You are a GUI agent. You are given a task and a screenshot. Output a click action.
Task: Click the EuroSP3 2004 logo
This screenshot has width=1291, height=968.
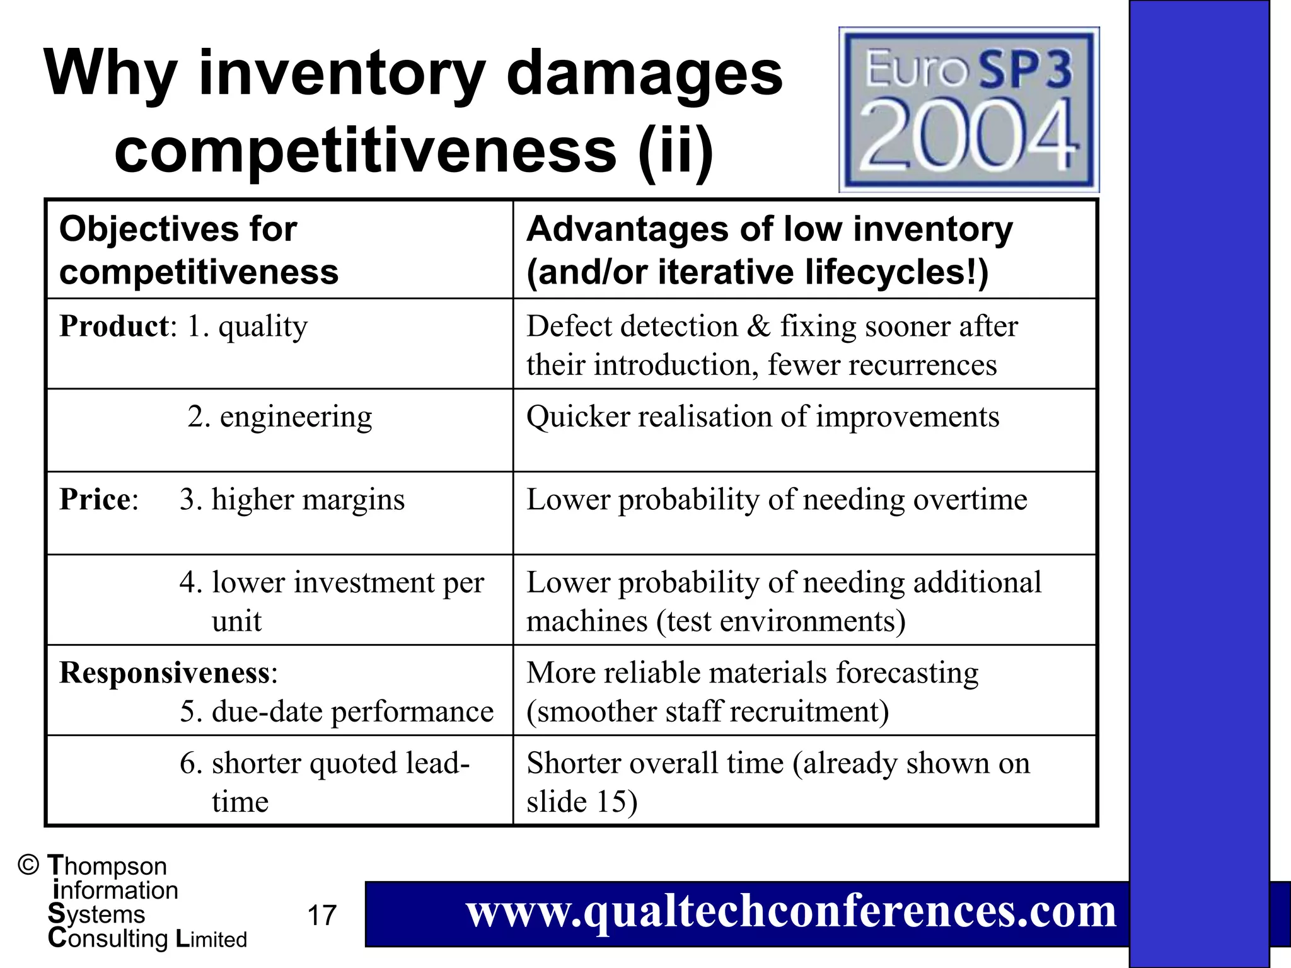click(x=969, y=110)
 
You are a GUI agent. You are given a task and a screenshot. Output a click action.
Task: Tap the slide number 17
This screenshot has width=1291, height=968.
click(x=321, y=915)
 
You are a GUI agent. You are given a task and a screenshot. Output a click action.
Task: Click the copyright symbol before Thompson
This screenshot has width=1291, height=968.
click(x=28, y=865)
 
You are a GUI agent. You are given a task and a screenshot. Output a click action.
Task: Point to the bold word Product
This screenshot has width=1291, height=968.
click(x=114, y=326)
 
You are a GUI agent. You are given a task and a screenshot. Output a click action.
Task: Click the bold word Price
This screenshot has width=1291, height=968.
click(x=95, y=500)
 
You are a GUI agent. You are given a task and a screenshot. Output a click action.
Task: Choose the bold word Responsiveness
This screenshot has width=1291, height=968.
click(x=165, y=673)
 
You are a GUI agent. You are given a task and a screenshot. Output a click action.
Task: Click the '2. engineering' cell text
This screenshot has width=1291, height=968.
click(x=280, y=417)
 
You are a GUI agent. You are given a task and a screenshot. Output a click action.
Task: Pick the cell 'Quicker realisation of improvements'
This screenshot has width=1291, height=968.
click(x=763, y=417)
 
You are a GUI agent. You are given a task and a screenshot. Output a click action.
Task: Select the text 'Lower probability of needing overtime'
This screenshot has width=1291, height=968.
click(x=777, y=500)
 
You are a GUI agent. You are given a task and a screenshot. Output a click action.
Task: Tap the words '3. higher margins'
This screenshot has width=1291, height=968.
click(x=292, y=500)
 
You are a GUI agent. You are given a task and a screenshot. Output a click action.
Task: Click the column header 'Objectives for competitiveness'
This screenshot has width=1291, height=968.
click(x=199, y=250)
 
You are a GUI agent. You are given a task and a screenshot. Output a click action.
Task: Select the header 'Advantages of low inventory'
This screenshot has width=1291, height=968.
click(x=770, y=229)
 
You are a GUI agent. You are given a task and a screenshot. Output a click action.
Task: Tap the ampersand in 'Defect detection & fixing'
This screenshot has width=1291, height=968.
click(x=759, y=327)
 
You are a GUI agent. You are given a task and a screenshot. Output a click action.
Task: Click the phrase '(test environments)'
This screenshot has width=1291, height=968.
click(x=781, y=622)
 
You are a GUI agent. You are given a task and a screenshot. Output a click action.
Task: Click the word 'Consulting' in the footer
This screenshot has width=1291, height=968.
click(x=108, y=939)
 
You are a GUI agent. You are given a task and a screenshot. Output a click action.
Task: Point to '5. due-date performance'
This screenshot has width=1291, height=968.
click(x=337, y=712)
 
